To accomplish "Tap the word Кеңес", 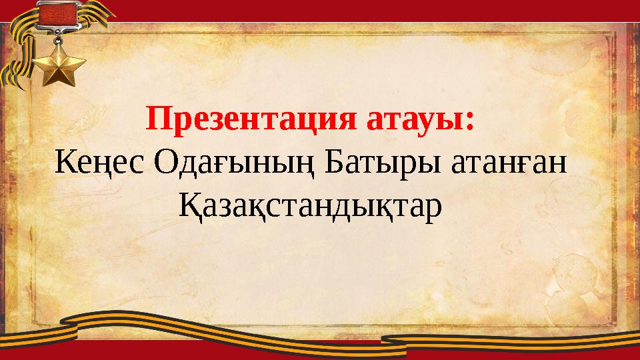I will point(99,163).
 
